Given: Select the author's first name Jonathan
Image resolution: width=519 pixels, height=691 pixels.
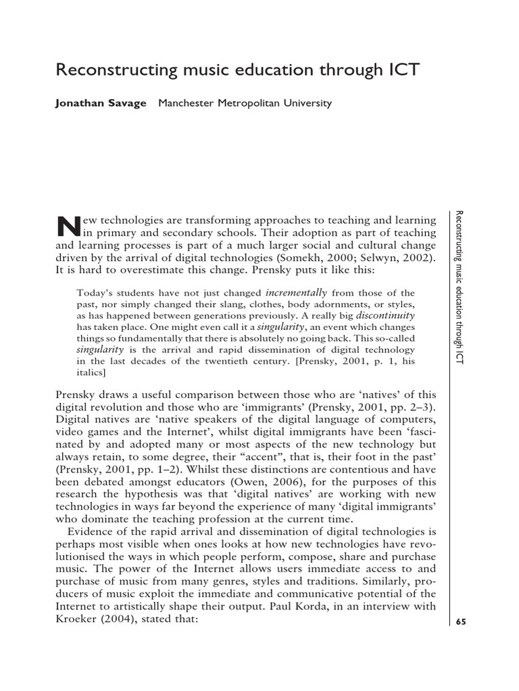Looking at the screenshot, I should tap(79, 103).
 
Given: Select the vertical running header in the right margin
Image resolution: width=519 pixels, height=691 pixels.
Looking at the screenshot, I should tap(460, 287).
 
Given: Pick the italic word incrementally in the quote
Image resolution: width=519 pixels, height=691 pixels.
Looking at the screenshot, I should tap(296, 292).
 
